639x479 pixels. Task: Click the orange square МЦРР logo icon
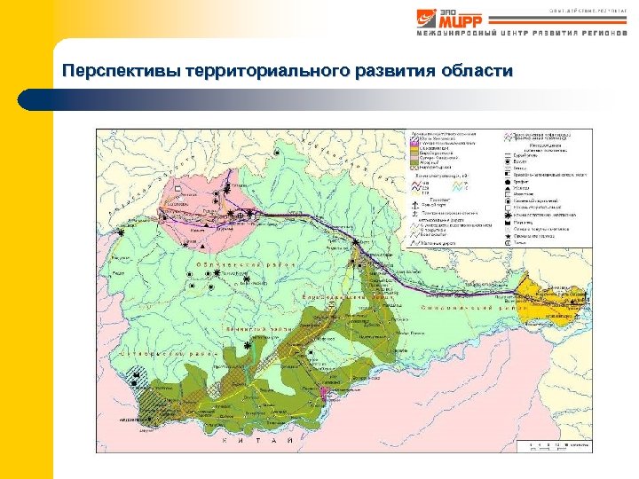(428, 19)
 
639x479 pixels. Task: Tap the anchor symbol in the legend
(415, 205)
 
